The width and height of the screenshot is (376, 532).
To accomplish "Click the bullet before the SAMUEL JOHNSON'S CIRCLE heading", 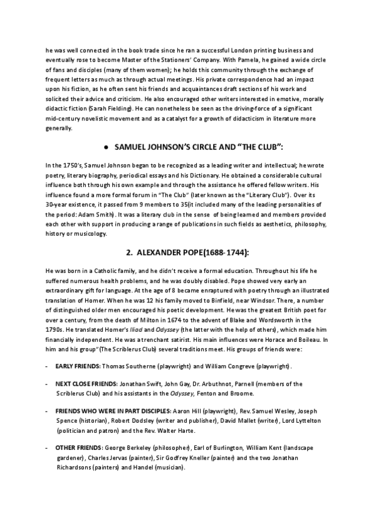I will [x=108, y=146].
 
